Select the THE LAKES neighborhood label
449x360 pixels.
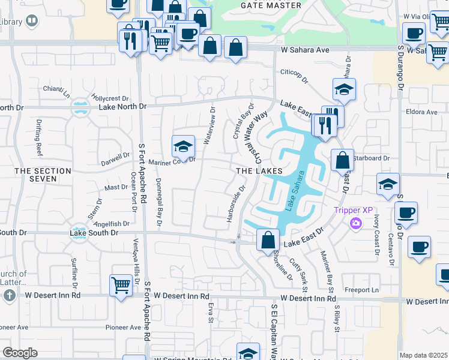(x=259, y=171)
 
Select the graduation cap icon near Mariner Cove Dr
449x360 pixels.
(x=184, y=145)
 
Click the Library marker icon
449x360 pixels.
(x=32, y=22)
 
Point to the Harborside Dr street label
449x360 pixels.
(x=236, y=203)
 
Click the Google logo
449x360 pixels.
(x=20, y=353)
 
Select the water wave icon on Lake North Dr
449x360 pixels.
(x=79, y=109)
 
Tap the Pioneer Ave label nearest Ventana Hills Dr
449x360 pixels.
(x=123, y=328)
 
